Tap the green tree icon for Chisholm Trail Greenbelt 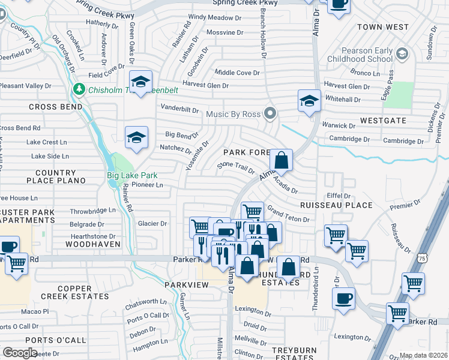[79, 89]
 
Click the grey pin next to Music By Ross [271, 113]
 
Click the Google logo [20, 353]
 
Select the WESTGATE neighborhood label [384, 121]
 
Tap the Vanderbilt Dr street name [179, 109]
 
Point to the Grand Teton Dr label [288, 215]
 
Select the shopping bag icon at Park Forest [281, 161]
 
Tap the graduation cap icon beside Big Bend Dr [136, 138]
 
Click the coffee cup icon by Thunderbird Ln [343, 298]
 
